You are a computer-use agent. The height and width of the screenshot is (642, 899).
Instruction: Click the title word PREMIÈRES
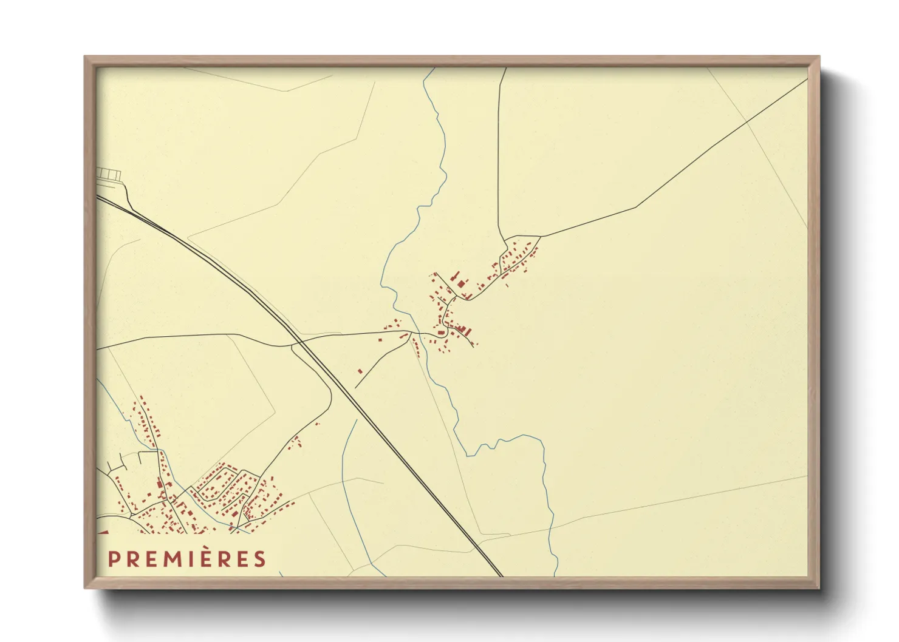pos(187,559)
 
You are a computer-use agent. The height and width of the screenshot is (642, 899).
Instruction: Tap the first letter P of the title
pos(112,559)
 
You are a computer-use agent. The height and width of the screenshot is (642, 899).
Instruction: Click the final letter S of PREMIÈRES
pos(261,559)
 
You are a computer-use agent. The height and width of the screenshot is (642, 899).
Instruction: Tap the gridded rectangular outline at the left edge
pos(109,175)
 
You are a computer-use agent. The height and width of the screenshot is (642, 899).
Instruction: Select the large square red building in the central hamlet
pos(461,283)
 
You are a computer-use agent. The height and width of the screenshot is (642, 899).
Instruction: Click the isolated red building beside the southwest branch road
pos(360,371)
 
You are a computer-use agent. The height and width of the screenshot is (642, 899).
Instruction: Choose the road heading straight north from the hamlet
pos(498,152)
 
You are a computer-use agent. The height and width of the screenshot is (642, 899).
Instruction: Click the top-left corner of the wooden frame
pos(86,58)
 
